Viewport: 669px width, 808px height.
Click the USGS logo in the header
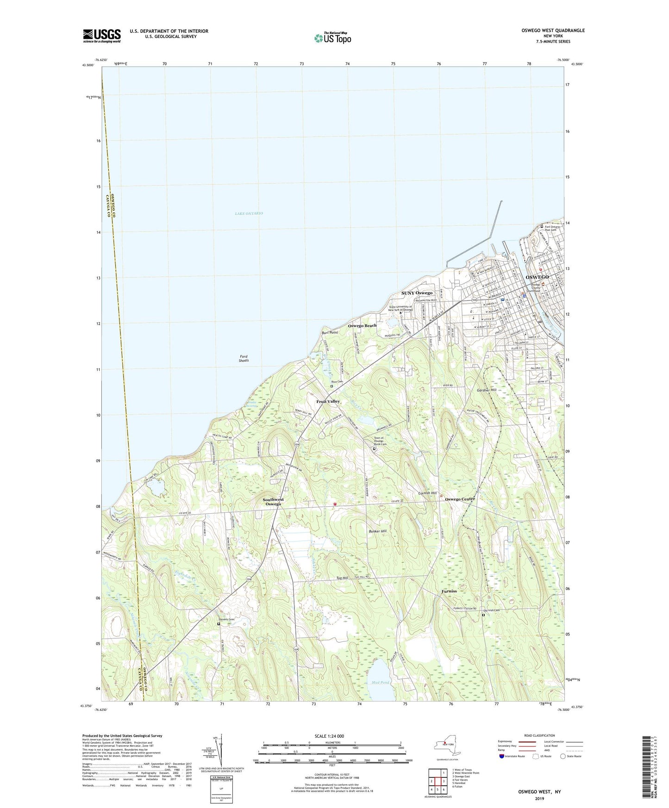click(x=101, y=36)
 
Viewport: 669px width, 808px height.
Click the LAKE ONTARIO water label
click(x=249, y=213)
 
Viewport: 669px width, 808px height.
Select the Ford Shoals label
click(x=244, y=358)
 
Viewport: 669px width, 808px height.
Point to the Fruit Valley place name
click(x=328, y=401)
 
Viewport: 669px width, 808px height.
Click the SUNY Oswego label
click(x=417, y=293)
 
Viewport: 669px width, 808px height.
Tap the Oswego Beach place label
click(x=362, y=325)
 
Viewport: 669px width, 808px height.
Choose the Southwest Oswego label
click(x=273, y=502)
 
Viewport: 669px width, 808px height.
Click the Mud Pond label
click(x=380, y=683)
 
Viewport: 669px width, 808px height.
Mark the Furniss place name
click(x=449, y=591)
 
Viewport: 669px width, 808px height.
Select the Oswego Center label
click(x=460, y=499)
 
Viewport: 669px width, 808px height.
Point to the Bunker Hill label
click(x=378, y=531)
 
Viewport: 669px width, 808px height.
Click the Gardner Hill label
click(x=487, y=390)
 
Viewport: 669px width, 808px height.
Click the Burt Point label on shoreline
click(x=330, y=333)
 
